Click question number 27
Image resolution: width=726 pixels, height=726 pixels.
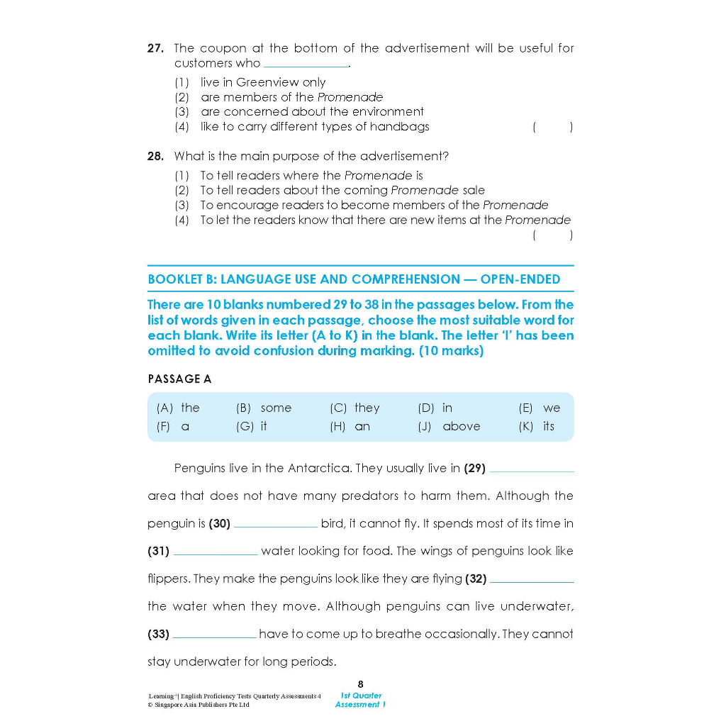click(155, 48)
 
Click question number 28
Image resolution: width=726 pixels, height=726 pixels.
click(155, 156)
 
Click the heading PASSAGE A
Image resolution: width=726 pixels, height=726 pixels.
click(179, 379)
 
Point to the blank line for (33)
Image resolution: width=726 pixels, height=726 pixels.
click(215, 635)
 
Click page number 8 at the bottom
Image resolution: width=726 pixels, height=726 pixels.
click(360, 684)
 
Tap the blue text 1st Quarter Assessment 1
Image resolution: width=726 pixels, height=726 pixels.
click(361, 700)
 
